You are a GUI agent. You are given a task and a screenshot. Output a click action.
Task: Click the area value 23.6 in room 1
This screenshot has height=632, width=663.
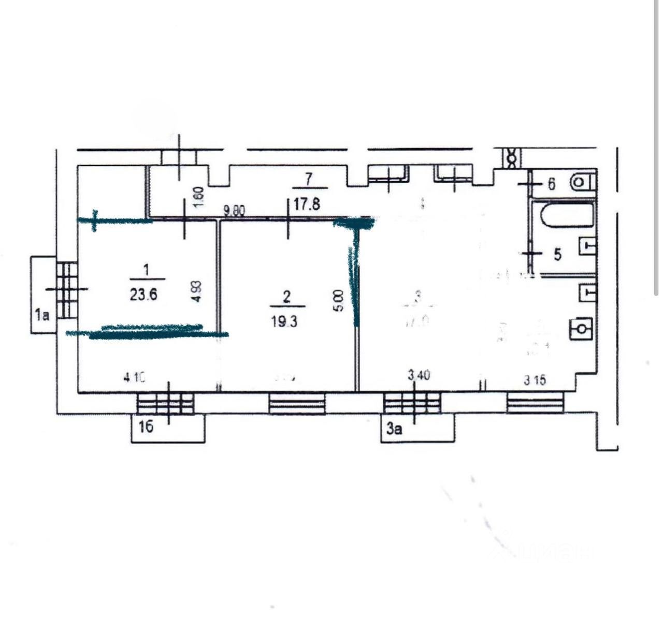tap(144, 295)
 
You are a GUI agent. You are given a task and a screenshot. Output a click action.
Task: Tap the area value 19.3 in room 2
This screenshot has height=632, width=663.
tap(284, 321)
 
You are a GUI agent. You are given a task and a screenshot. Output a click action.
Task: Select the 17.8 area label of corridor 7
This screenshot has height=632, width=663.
tap(307, 204)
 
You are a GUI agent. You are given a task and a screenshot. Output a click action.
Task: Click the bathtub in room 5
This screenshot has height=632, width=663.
tap(565, 216)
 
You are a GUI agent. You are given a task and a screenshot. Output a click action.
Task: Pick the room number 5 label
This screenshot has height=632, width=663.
tap(558, 254)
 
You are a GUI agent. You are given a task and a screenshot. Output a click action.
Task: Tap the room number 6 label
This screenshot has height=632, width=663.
tap(551, 184)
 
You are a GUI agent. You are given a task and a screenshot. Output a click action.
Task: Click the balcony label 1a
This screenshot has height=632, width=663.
tap(42, 314)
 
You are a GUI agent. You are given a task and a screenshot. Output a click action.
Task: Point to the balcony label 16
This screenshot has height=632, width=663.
tap(146, 427)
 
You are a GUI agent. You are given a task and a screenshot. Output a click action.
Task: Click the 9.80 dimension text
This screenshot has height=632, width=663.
tap(234, 211)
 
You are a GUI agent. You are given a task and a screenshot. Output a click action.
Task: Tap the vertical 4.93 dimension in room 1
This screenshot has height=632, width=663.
tap(196, 291)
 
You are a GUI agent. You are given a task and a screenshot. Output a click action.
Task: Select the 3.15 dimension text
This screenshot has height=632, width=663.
tap(534, 380)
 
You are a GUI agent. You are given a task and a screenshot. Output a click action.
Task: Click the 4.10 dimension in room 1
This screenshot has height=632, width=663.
tap(134, 377)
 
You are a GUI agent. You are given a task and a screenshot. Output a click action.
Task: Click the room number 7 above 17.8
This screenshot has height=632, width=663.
tap(309, 179)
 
